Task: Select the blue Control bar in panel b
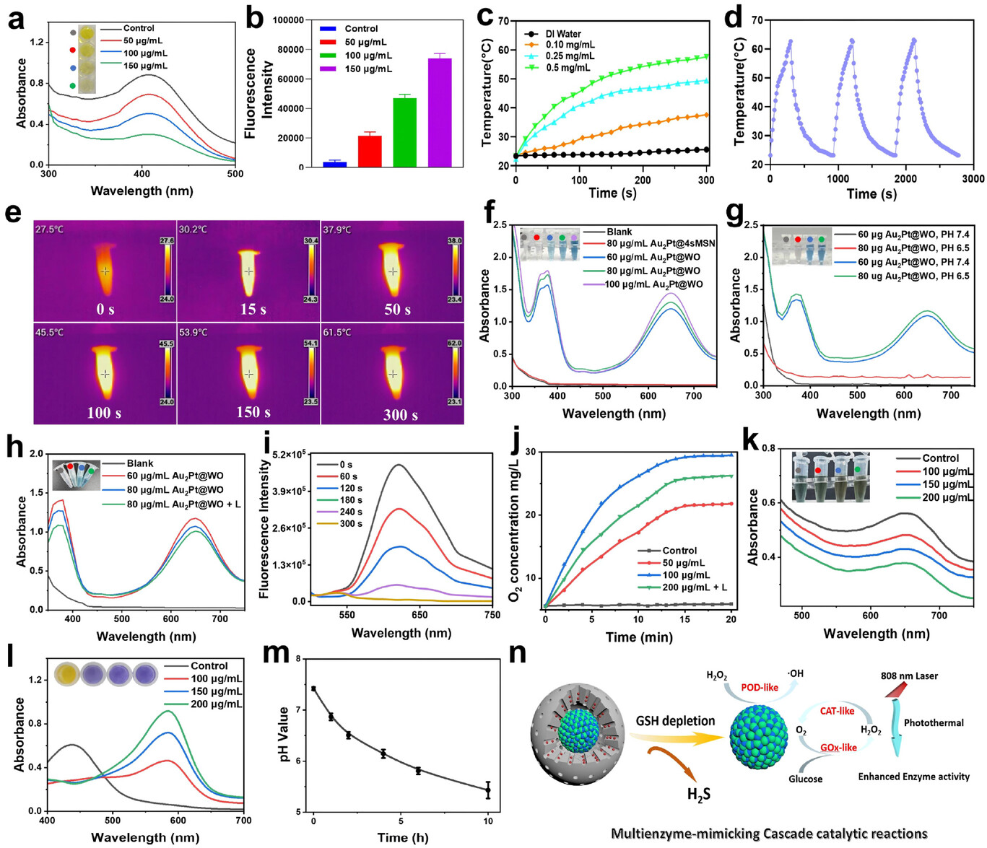point(334,164)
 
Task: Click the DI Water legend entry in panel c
point(563,34)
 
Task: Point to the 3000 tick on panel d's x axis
point(973,178)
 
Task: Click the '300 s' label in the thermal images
point(400,415)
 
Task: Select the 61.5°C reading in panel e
point(337,332)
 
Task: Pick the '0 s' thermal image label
point(105,310)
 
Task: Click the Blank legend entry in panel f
point(619,232)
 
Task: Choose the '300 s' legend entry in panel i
point(350,523)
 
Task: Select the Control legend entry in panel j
point(679,551)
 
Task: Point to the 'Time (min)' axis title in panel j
point(639,637)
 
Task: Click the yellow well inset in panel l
point(66,674)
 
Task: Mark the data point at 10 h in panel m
point(488,790)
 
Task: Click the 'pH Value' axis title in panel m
point(284,735)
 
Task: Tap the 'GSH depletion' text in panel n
point(675,720)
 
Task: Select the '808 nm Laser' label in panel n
point(909,676)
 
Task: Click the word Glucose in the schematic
point(805,779)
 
